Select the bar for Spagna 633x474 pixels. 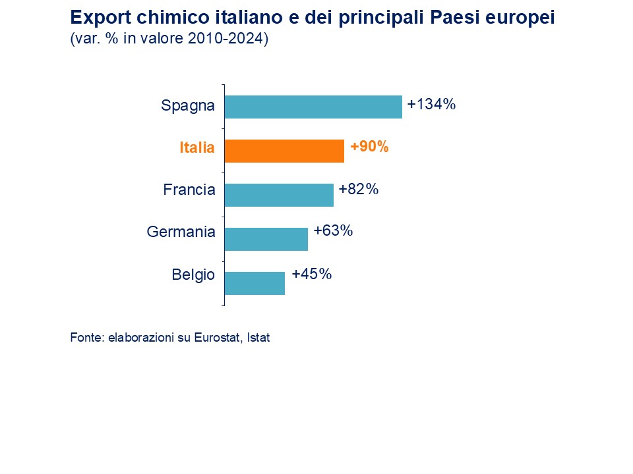[x=313, y=107]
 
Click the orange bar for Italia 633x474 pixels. [x=284, y=151]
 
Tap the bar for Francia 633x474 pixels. [x=279, y=195]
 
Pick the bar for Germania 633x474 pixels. [x=266, y=239]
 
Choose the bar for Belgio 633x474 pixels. [x=255, y=283]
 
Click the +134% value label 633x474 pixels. [x=432, y=104]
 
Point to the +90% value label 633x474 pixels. [x=369, y=147]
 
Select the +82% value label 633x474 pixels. [x=358, y=190]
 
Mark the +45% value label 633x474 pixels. [x=311, y=274]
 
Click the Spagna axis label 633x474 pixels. [x=188, y=105]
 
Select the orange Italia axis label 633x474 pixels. [x=197, y=148]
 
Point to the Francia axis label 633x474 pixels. [x=189, y=190]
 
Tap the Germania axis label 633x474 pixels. [x=181, y=232]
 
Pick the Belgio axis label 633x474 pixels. [x=193, y=275]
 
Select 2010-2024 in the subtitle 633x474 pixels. [x=226, y=39]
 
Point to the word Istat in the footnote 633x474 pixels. [x=258, y=338]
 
